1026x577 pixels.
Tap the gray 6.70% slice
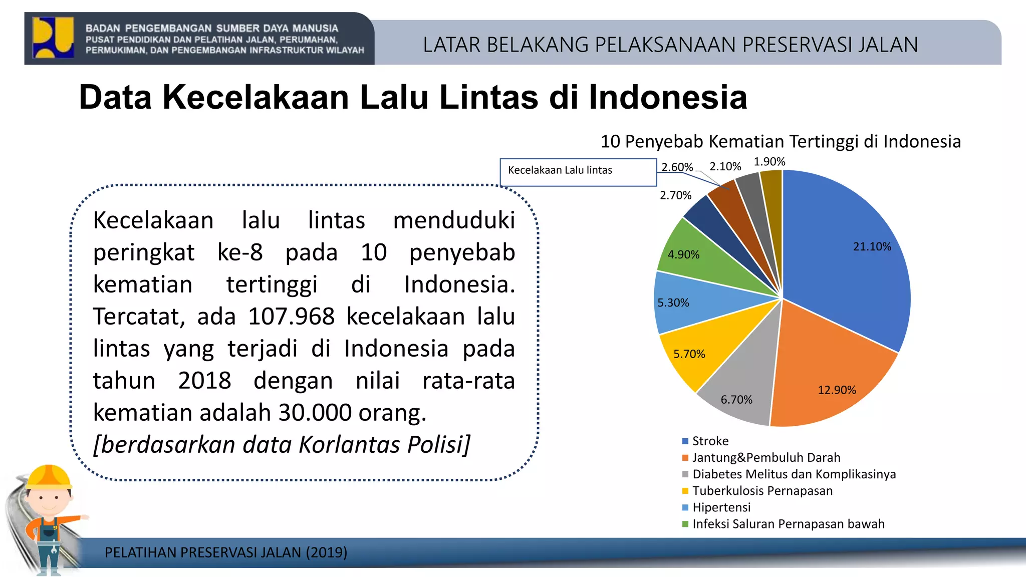point(741,386)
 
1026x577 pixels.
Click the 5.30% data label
point(673,303)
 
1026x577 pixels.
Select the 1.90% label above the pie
point(769,162)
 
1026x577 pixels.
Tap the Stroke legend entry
point(710,441)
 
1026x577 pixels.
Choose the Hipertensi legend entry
point(721,507)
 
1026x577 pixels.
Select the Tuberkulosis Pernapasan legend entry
point(762,491)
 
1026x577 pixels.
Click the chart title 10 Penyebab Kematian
point(780,142)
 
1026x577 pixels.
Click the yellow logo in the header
point(53,38)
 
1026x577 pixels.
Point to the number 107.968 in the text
point(291,317)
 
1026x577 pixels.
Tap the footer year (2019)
point(326,552)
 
